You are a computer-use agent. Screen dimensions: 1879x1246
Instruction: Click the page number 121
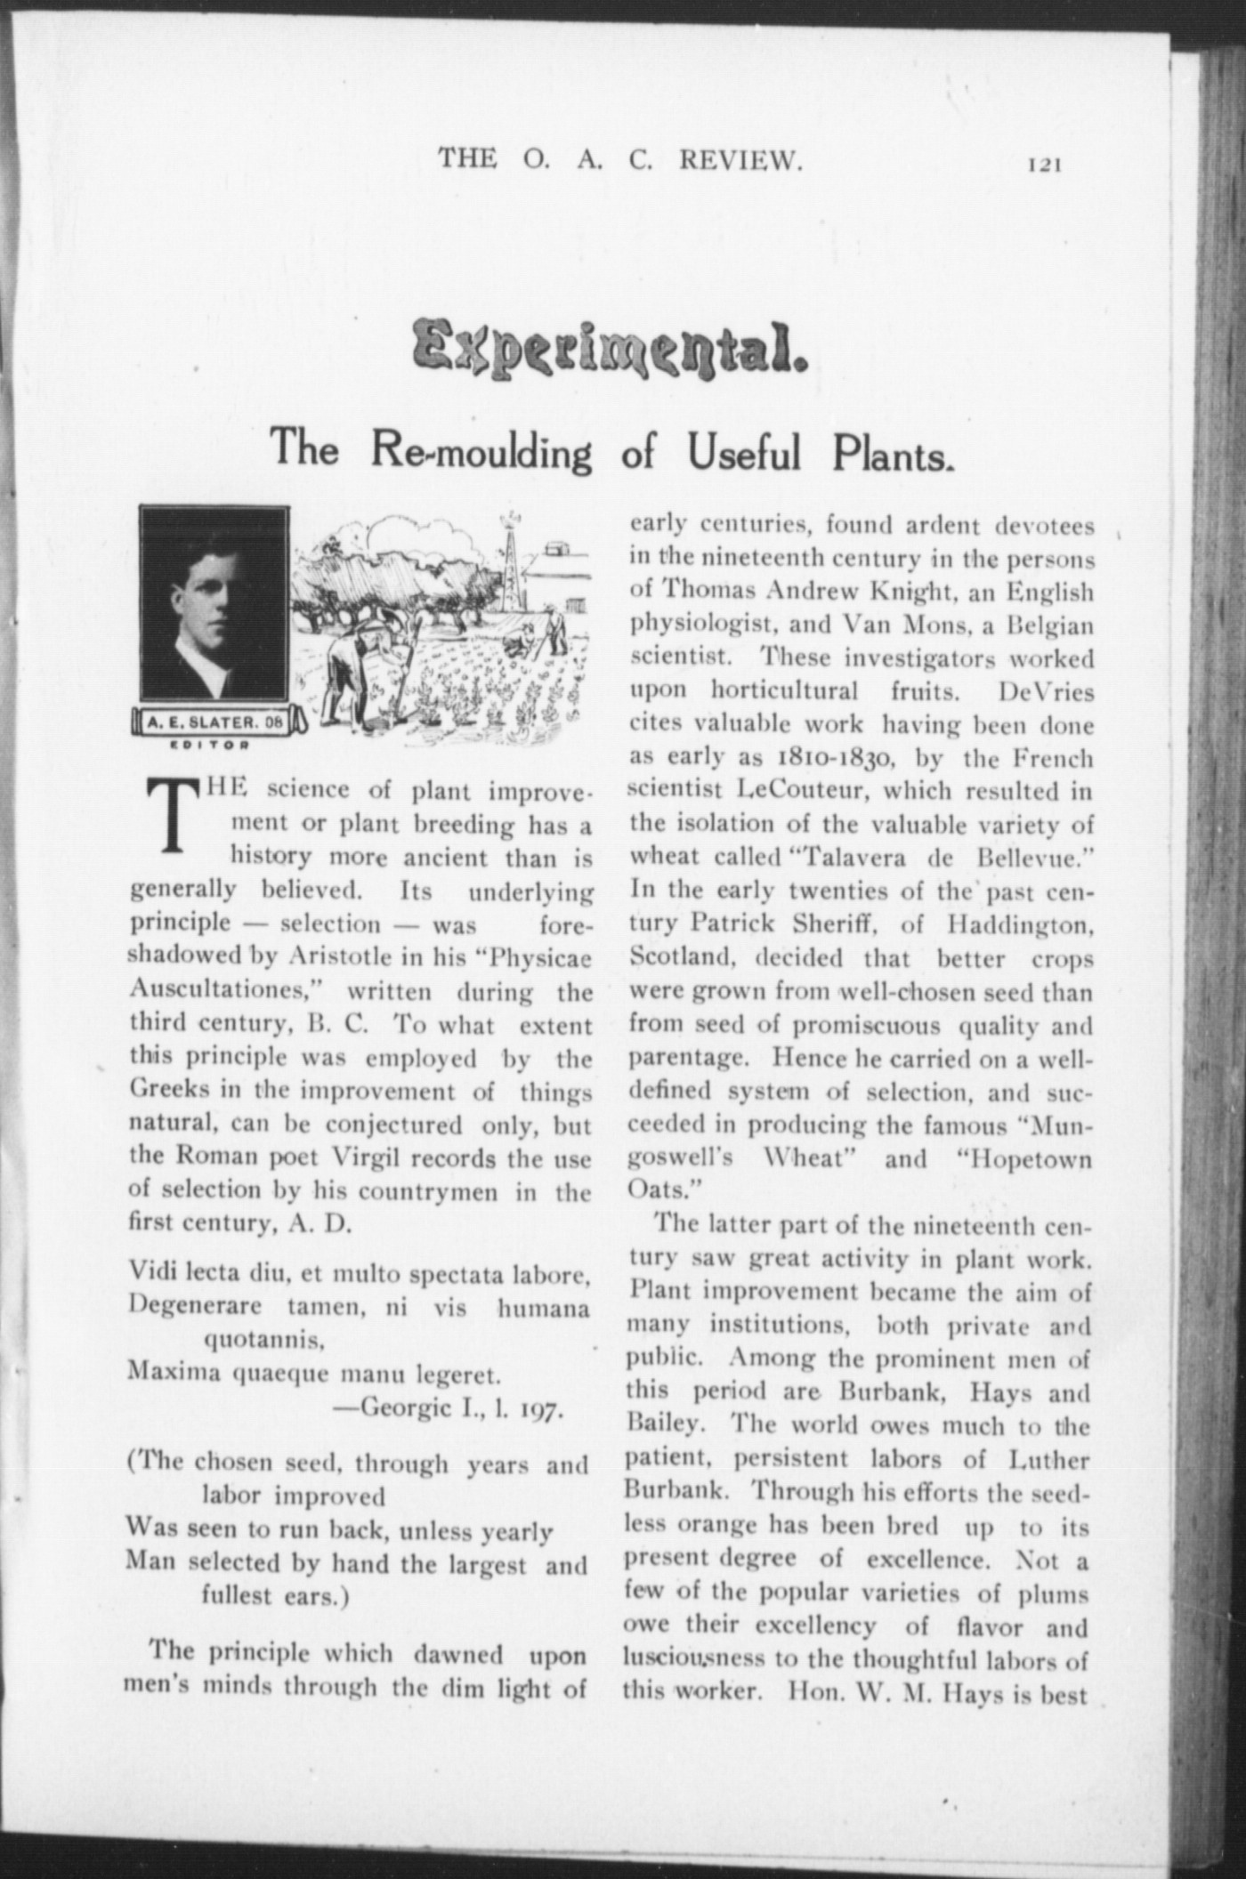tap(1046, 164)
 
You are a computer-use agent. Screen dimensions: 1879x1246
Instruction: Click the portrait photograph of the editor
tap(214, 602)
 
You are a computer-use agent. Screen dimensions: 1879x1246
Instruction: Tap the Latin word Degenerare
tap(195, 1308)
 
